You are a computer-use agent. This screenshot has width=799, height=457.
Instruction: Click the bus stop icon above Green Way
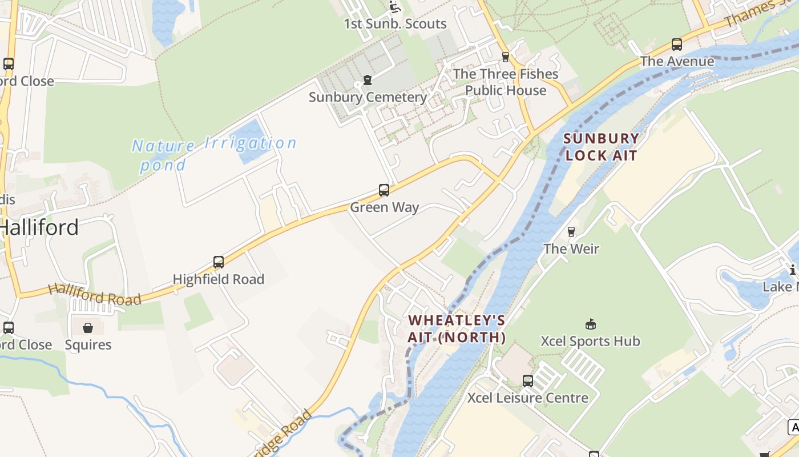[384, 190]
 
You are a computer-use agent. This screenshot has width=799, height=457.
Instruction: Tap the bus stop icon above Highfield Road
[219, 262]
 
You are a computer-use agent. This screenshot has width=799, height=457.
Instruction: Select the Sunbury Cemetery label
[368, 97]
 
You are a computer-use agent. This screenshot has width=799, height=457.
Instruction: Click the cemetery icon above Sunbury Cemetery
[368, 80]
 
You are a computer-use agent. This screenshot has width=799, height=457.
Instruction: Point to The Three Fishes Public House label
[506, 82]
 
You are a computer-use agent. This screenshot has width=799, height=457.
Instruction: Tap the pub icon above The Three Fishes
[505, 57]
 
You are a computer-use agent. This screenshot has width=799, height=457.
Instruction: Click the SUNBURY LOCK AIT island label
[601, 147]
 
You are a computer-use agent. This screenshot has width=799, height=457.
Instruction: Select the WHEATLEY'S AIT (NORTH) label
[457, 328]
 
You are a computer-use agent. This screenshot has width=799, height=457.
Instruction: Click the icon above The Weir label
[571, 231]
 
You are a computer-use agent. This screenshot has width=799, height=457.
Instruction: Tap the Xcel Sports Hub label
[590, 342]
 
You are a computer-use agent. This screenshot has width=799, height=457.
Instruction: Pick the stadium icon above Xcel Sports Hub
[591, 324]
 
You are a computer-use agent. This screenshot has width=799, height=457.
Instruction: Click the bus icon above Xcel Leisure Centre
[528, 380]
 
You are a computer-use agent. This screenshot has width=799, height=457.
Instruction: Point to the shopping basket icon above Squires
[88, 328]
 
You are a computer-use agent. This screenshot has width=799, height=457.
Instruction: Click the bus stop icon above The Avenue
[677, 44]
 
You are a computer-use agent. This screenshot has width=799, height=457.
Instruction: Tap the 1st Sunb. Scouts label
[395, 24]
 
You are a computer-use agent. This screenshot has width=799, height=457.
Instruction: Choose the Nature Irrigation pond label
[214, 153]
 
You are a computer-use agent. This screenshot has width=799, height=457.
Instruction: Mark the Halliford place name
[39, 228]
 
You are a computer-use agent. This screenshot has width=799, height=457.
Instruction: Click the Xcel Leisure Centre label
[528, 398]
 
